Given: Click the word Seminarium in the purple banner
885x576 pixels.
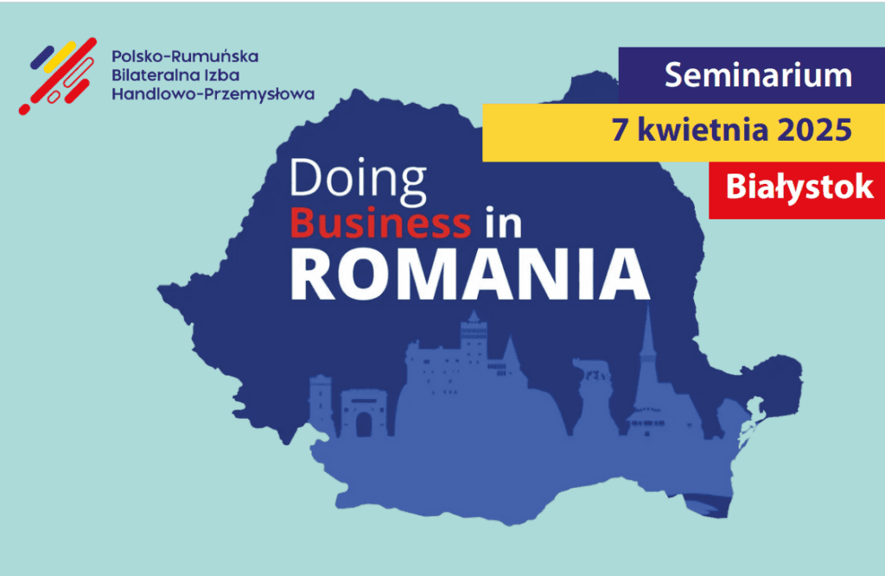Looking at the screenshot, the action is point(758,75).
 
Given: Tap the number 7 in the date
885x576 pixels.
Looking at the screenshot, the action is point(620,130).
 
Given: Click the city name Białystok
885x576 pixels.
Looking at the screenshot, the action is point(799,187).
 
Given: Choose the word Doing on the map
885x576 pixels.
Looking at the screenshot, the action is point(358,180).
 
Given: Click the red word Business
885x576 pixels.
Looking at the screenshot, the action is point(380,222).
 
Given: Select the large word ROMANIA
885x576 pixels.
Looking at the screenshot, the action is point(470,274).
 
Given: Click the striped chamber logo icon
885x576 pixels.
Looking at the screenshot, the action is point(58,76).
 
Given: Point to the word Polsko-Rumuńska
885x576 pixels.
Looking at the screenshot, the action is point(185,56).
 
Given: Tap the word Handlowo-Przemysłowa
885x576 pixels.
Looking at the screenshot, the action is point(213,94).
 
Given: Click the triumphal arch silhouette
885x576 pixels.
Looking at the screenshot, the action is point(364,414).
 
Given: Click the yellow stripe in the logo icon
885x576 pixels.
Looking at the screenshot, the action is point(60,57).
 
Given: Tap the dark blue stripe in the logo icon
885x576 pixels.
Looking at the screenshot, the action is point(42,58).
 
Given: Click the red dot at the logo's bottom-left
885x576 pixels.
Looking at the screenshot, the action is point(24,110).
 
